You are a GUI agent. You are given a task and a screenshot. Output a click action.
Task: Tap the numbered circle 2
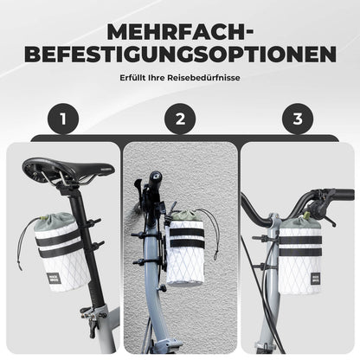click(x=179, y=119)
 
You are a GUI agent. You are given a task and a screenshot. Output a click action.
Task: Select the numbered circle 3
click(x=298, y=119)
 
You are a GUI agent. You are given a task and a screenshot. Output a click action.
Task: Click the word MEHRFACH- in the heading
click(x=179, y=33)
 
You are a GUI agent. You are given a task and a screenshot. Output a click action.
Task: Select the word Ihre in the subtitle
click(x=164, y=80)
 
